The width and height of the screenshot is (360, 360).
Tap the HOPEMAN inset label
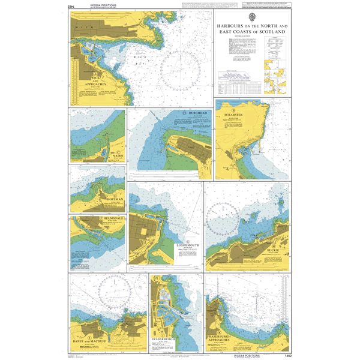pos(113,198)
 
